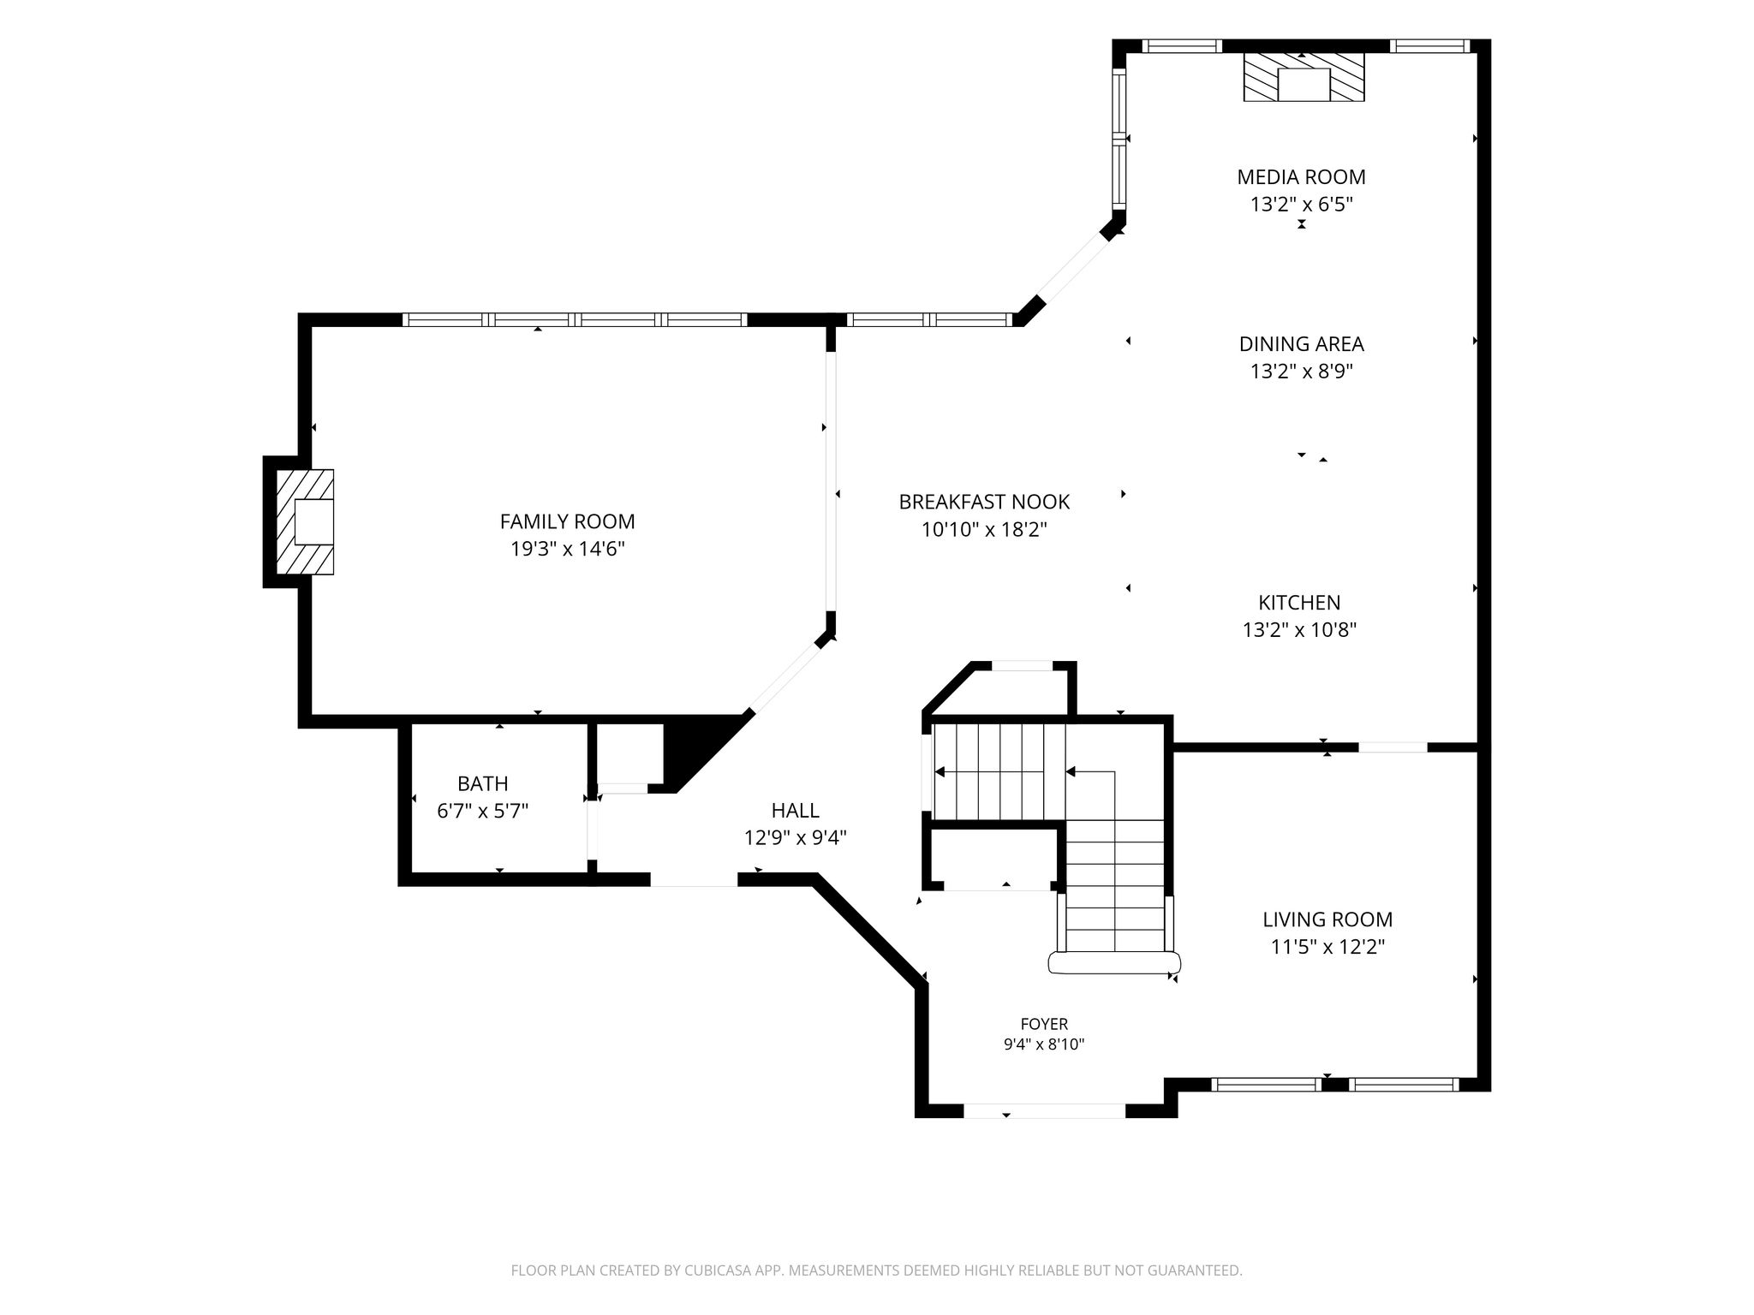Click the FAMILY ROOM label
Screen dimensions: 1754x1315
[567, 521]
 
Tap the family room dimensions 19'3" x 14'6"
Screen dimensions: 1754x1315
[568, 549]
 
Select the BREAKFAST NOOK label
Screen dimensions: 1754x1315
[984, 502]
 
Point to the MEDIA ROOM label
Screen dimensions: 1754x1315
[1301, 177]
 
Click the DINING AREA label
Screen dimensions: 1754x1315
[1301, 344]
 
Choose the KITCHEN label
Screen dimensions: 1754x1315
[1299, 603]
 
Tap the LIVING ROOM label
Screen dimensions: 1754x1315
[1327, 919]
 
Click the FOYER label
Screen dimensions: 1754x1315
[1044, 1024]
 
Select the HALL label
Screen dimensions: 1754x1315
[795, 810]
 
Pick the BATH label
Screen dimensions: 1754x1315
[483, 783]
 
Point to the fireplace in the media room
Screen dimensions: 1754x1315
[1304, 78]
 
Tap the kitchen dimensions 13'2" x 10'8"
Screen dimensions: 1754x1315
[1299, 630]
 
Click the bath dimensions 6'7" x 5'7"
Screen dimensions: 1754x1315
[483, 811]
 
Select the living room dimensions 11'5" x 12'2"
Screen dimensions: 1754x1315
[1327, 947]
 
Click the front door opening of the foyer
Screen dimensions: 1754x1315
[1044, 1110]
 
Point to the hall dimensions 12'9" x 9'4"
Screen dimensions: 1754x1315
[795, 837]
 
